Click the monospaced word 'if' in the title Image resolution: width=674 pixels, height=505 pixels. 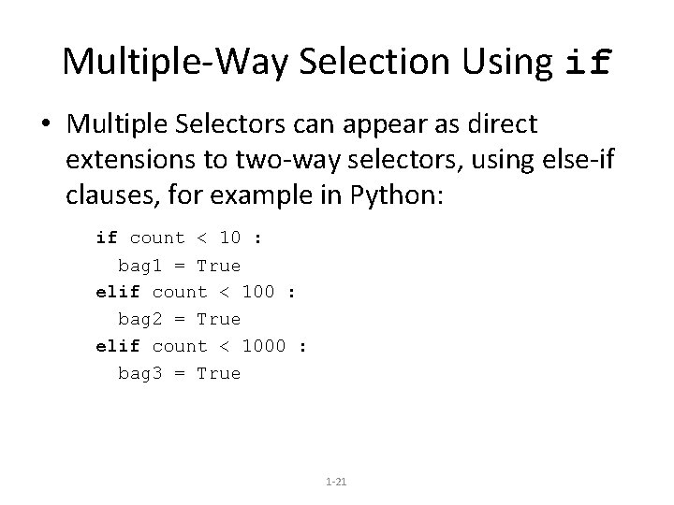[x=589, y=63]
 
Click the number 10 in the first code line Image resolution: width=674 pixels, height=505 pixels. [x=230, y=238]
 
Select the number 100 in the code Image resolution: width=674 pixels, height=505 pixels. [x=258, y=292]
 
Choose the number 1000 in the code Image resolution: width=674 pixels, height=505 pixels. [x=264, y=346]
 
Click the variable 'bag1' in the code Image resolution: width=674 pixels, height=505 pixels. [x=139, y=266]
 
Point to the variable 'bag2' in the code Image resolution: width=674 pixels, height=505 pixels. [x=139, y=319]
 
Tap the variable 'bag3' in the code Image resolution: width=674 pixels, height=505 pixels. [x=139, y=373]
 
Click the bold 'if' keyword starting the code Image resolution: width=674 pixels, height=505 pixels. [x=107, y=238]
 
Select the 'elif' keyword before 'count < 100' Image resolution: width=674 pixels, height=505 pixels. [x=118, y=292]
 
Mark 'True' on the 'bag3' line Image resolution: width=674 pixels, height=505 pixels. [x=218, y=373]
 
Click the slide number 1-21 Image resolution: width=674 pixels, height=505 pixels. [x=336, y=481]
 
